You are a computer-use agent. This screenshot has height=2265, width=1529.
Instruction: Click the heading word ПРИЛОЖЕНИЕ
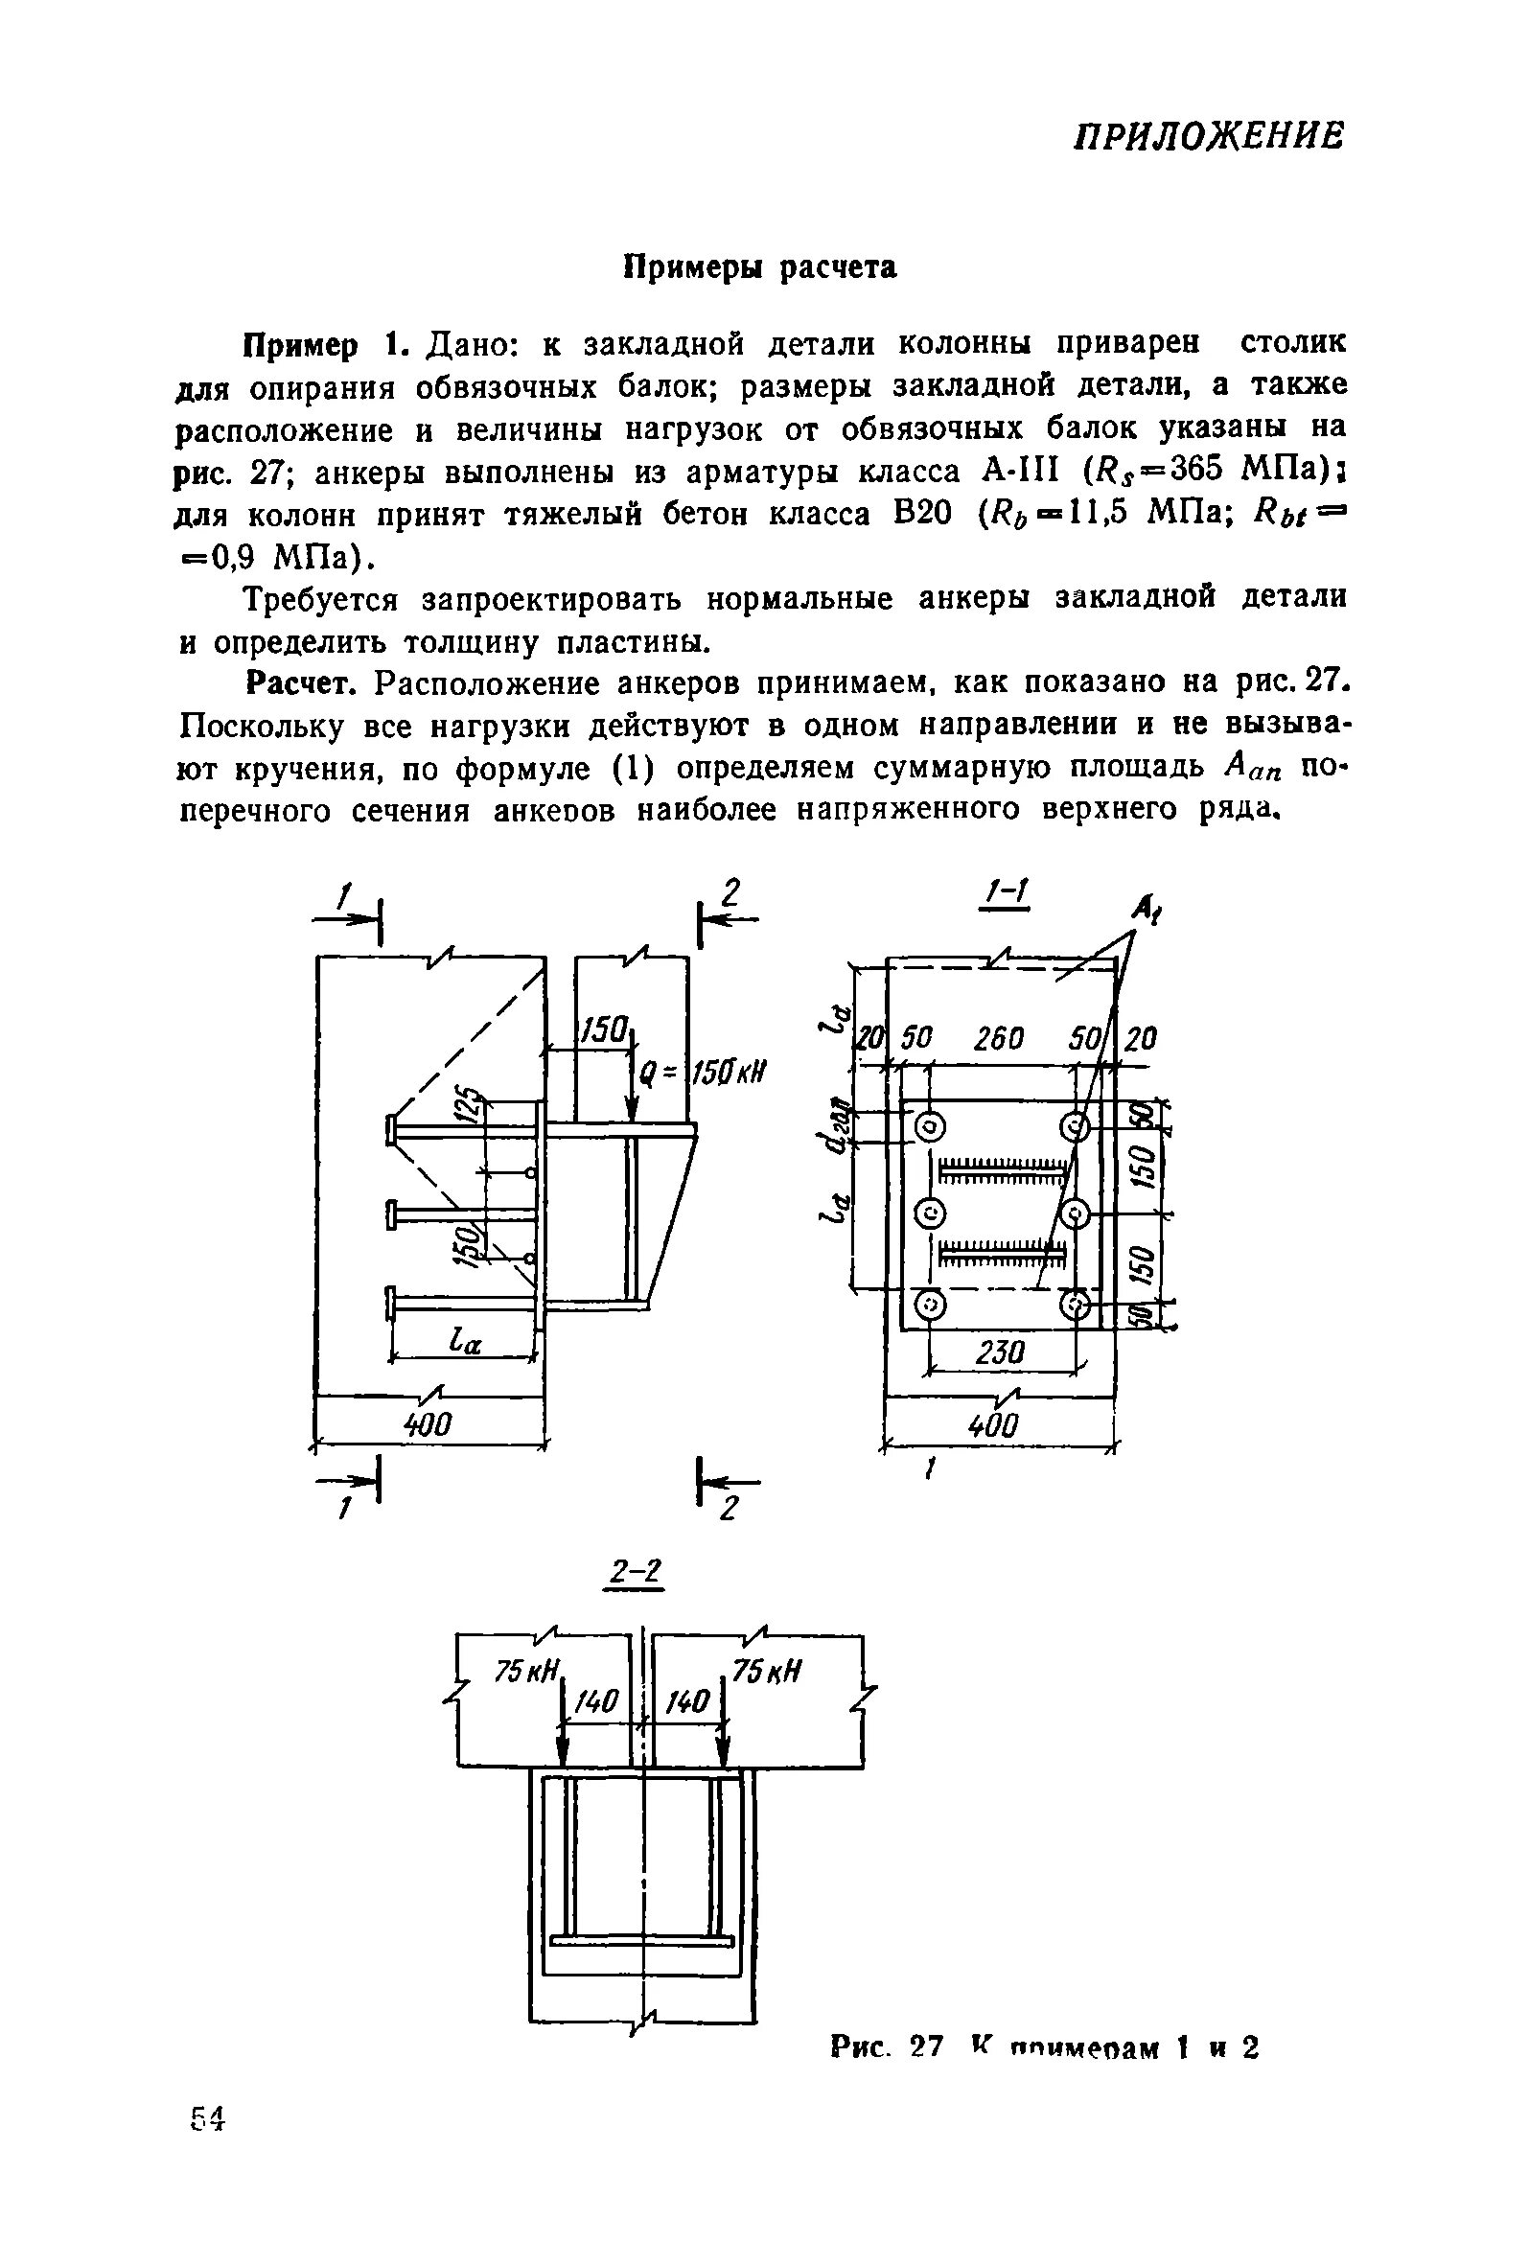click(1208, 135)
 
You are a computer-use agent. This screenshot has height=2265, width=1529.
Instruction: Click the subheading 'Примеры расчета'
click(759, 267)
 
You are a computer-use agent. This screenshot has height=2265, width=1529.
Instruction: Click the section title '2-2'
click(635, 1572)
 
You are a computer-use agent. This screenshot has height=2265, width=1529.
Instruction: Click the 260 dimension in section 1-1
click(999, 1040)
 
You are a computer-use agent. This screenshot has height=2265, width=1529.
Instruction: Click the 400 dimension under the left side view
click(428, 1424)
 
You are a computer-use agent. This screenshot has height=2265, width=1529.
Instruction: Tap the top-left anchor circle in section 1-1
click(930, 1127)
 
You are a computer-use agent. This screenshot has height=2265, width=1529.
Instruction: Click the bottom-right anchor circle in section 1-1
click(1076, 1303)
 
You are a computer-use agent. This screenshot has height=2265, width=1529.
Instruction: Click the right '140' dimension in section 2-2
click(685, 1702)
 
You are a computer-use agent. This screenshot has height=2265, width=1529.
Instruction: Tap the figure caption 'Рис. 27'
click(886, 2046)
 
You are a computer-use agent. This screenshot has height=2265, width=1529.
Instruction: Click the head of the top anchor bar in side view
click(390, 1129)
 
